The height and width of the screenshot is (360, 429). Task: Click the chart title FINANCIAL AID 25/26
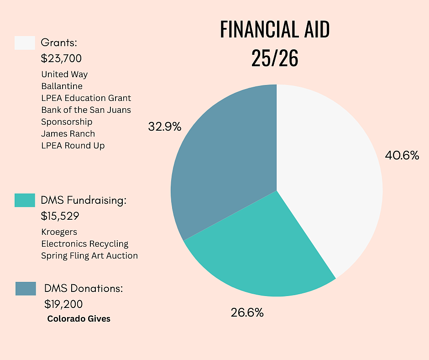click(x=275, y=44)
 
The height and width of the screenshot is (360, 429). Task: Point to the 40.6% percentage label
click(x=402, y=155)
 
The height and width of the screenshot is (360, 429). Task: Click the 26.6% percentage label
click(x=247, y=313)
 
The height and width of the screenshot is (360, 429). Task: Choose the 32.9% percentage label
click(x=165, y=127)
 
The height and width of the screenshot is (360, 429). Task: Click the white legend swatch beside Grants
click(x=25, y=43)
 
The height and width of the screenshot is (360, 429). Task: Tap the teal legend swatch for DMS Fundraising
click(x=25, y=200)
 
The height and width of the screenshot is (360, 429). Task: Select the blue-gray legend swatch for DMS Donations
click(x=26, y=289)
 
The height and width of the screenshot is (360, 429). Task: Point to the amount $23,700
click(x=62, y=58)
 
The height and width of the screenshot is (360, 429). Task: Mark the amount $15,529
click(x=61, y=216)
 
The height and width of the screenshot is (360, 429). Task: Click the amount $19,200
click(x=63, y=304)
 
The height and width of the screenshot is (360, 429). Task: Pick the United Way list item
click(x=64, y=74)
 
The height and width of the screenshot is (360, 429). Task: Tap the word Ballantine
click(x=62, y=86)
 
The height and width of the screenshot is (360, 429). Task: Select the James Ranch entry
click(x=68, y=133)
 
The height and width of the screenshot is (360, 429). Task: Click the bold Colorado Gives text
click(x=79, y=319)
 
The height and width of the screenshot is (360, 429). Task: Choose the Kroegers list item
click(x=59, y=232)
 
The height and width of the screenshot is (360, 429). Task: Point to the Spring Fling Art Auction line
click(x=89, y=255)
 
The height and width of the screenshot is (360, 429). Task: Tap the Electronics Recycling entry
click(x=85, y=244)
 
